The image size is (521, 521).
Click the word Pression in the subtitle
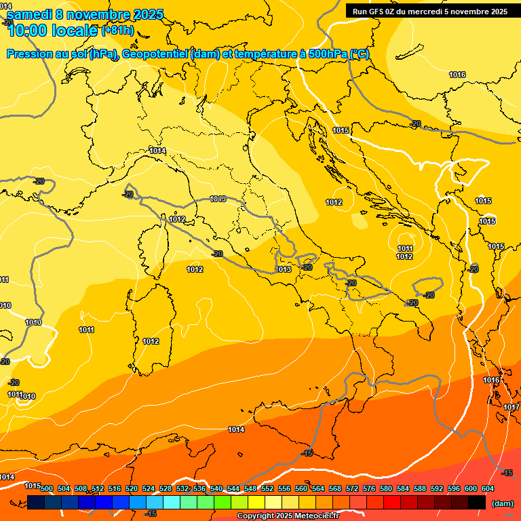28,54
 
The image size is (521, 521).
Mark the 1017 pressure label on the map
512,407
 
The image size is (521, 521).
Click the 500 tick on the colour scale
47,488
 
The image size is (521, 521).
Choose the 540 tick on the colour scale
216,488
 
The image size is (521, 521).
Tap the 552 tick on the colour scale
267,488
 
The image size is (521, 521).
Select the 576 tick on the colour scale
369,488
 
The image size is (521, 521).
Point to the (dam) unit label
502,503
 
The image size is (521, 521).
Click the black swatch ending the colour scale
477,503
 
